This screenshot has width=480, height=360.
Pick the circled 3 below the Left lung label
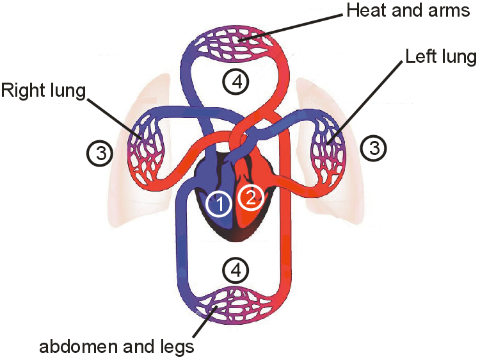click(373, 149)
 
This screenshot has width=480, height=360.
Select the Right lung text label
click(43, 90)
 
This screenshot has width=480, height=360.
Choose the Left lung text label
click(440, 57)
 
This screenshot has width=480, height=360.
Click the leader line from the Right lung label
click(113, 116)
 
